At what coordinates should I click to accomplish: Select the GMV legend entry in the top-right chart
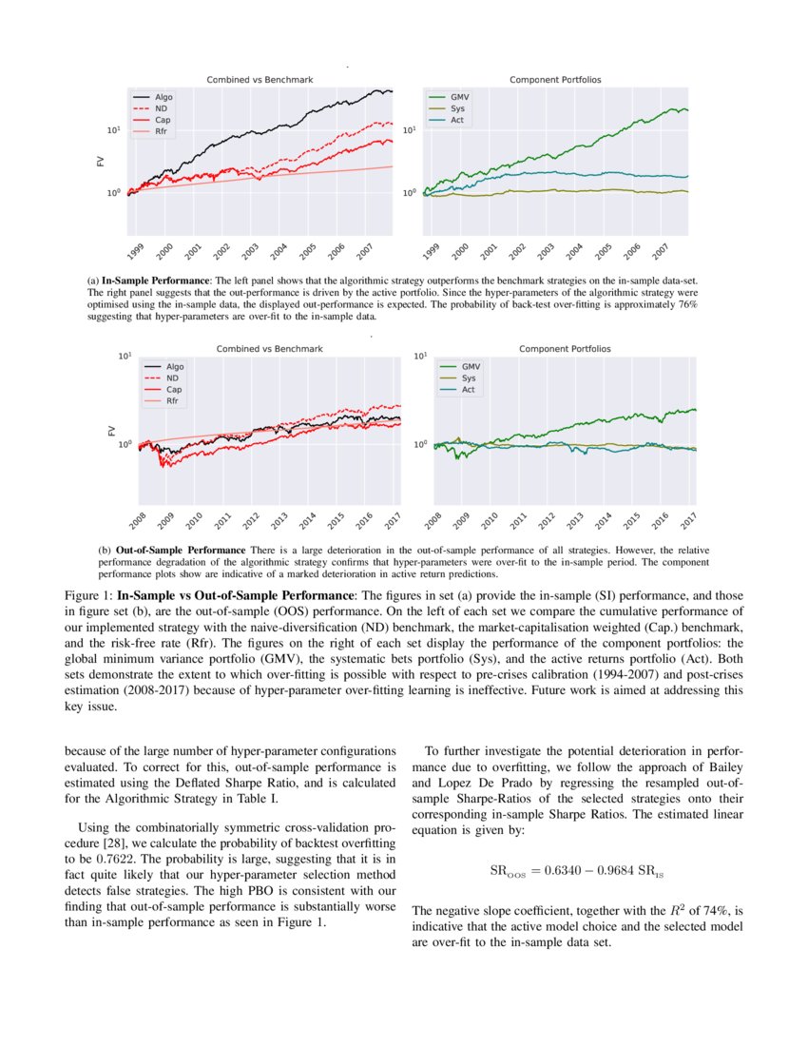(x=457, y=98)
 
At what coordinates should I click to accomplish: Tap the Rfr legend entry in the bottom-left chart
(x=174, y=402)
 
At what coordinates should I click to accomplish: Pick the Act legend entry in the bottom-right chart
(x=468, y=390)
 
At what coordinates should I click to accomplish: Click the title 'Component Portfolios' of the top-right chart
(x=555, y=80)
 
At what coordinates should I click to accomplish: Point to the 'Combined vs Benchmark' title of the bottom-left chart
(x=270, y=349)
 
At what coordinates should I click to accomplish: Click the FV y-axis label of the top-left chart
(x=101, y=161)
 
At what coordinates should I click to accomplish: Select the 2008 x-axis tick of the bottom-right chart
(x=433, y=522)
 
